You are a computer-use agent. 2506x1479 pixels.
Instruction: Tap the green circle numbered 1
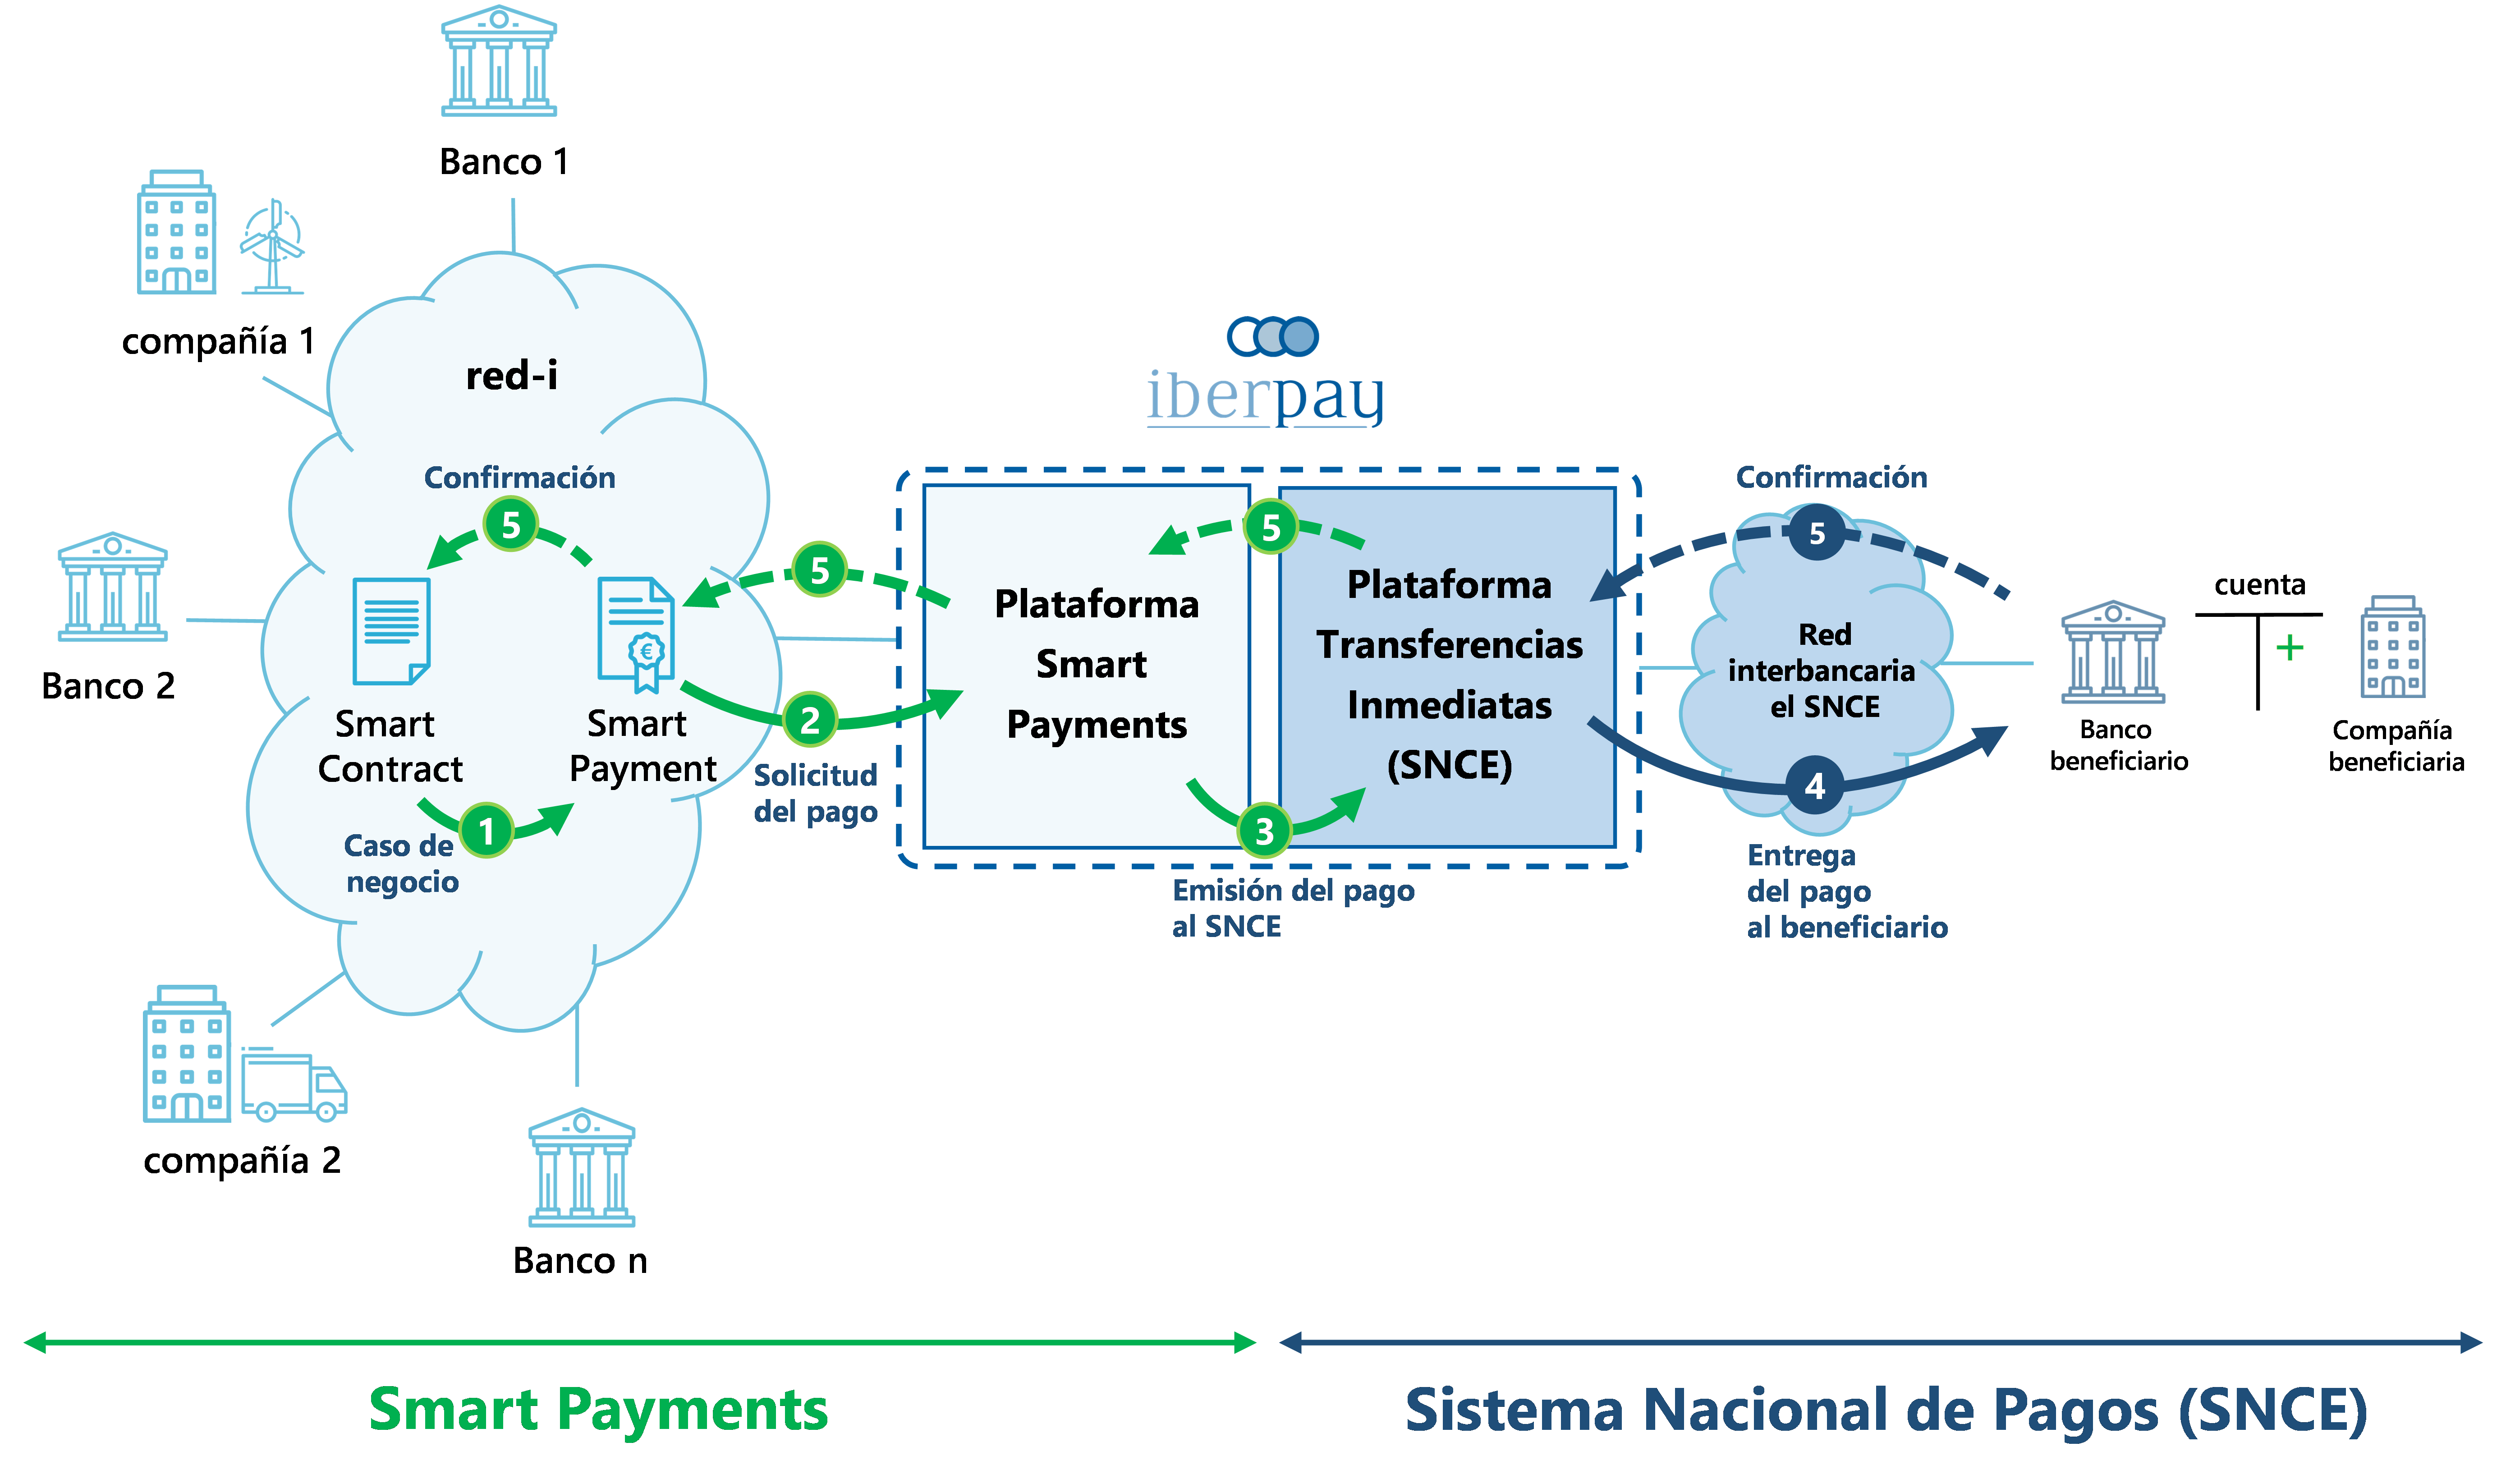[486, 830]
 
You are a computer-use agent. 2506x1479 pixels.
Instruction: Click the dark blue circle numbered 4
[1814, 786]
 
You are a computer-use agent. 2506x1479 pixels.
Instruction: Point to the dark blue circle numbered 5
[1817, 533]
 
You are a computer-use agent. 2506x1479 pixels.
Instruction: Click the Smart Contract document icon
[392, 631]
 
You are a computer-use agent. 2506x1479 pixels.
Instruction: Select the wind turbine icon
[272, 246]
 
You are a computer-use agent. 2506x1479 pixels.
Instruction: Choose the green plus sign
[2290, 648]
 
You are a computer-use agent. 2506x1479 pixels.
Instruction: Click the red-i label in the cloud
[511, 376]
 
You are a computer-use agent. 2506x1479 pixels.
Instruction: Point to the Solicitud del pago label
[815, 793]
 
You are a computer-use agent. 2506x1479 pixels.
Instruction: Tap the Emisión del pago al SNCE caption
[1292, 908]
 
